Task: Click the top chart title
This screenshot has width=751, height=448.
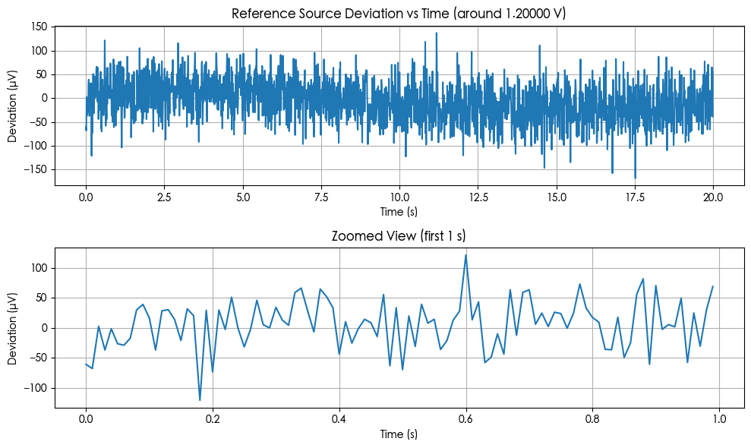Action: (x=399, y=14)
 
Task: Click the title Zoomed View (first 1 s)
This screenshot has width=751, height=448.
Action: (x=399, y=236)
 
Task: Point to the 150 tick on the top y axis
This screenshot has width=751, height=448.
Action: (x=39, y=27)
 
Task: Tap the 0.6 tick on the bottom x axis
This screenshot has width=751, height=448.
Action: (x=465, y=419)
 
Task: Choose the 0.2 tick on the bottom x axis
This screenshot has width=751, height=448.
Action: (x=213, y=419)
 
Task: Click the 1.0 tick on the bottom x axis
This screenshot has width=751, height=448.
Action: (x=719, y=419)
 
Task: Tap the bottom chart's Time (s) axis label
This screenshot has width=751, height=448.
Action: (x=399, y=434)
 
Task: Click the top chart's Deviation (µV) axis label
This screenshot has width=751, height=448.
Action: (x=13, y=105)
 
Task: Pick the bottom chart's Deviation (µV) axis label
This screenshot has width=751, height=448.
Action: (x=13, y=327)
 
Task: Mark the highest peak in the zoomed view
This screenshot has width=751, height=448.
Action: (x=465, y=255)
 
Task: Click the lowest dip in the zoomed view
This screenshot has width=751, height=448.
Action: (x=200, y=399)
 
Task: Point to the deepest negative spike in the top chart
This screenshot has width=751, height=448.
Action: (x=635, y=178)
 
